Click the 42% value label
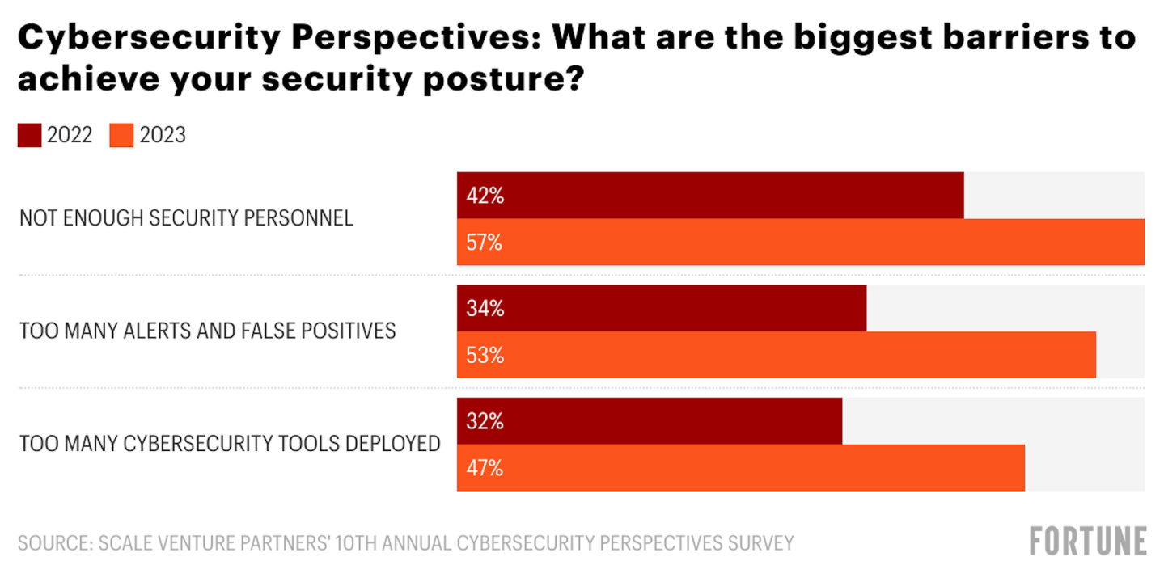click(485, 196)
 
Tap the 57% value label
click(485, 243)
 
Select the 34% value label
click(485, 309)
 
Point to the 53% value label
click(485, 356)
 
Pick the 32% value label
click(485, 422)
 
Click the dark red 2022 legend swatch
click(29, 136)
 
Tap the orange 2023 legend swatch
click(121, 136)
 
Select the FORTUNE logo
click(1088, 541)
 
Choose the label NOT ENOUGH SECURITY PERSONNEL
click(187, 218)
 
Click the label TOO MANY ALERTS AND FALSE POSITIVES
click(208, 331)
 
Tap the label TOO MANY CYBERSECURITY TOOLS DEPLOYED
click(230, 445)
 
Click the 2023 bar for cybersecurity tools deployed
click(740, 468)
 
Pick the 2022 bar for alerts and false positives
click(662, 308)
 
